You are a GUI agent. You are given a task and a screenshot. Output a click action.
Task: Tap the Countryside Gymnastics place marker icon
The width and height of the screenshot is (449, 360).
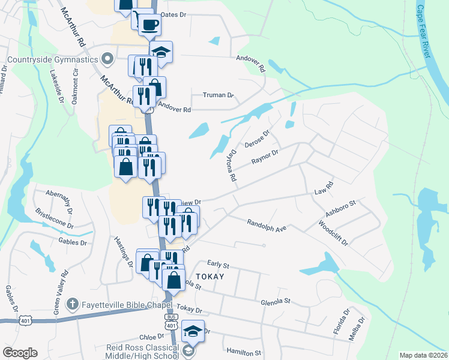(x=108, y=59)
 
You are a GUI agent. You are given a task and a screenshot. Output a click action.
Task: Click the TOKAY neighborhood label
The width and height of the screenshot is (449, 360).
(x=210, y=277)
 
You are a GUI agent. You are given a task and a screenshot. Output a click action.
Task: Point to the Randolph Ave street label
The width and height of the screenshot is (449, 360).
(x=267, y=225)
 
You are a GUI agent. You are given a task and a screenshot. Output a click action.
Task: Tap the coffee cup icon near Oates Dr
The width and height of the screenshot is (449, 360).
(x=149, y=25)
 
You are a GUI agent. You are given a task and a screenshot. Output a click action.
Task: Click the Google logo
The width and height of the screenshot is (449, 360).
(x=20, y=353)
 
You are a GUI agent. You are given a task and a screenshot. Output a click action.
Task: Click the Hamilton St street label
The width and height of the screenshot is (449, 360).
(x=244, y=352)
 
